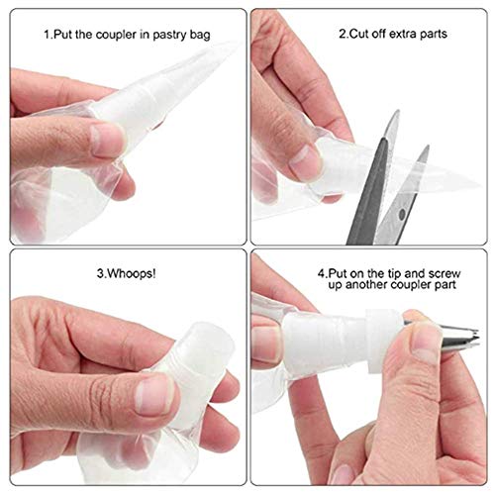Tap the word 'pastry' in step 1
pyautogui.click(x=169, y=36)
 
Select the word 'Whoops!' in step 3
pyautogui.click(x=131, y=273)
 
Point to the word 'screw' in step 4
pyautogui.click(x=443, y=273)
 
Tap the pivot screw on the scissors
pyautogui.click(x=402, y=215)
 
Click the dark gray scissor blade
pyautogui.click(x=369, y=191)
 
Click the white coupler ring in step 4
pyautogui.click(x=383, y=341)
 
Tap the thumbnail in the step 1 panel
pyautogui.click(x=107, y=140)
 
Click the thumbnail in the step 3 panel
pyautogui.click(x=153, y=395)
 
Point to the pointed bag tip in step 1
pyautogui.click(x=231, y=47)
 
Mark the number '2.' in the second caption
pyautogui.click(x=344, y=34)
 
